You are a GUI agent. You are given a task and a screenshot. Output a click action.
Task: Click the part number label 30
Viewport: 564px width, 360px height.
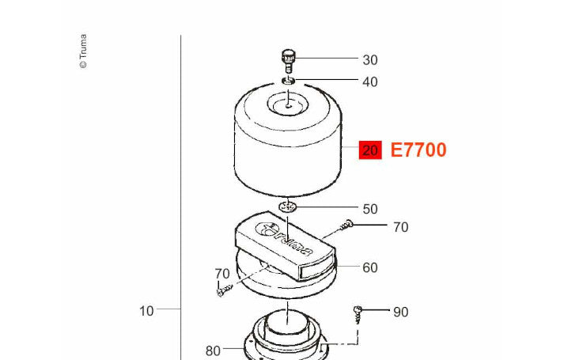click(x=370, y=60)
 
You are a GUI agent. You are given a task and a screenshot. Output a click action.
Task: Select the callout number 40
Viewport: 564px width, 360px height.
click(x=370, y=82)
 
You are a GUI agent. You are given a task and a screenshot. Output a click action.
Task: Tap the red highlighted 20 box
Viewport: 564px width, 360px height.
click(x=370, y=150)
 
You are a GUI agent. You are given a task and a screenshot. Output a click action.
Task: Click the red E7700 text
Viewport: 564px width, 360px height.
click(x=418, y=150)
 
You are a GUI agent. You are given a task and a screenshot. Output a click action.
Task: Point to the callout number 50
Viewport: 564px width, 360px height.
click(x=370, y=209)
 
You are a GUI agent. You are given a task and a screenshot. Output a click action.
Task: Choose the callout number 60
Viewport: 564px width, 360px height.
click(x=370, y=267)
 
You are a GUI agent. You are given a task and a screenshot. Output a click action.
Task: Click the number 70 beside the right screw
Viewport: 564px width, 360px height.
click(x=401, y=227)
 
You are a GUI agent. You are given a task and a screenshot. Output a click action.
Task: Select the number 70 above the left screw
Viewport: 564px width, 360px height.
click(x=222, y=274)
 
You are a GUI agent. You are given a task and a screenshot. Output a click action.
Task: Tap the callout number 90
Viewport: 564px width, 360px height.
click(x=401, y=313)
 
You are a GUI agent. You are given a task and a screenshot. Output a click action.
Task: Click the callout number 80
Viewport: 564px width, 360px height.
click(x=213, y=351)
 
